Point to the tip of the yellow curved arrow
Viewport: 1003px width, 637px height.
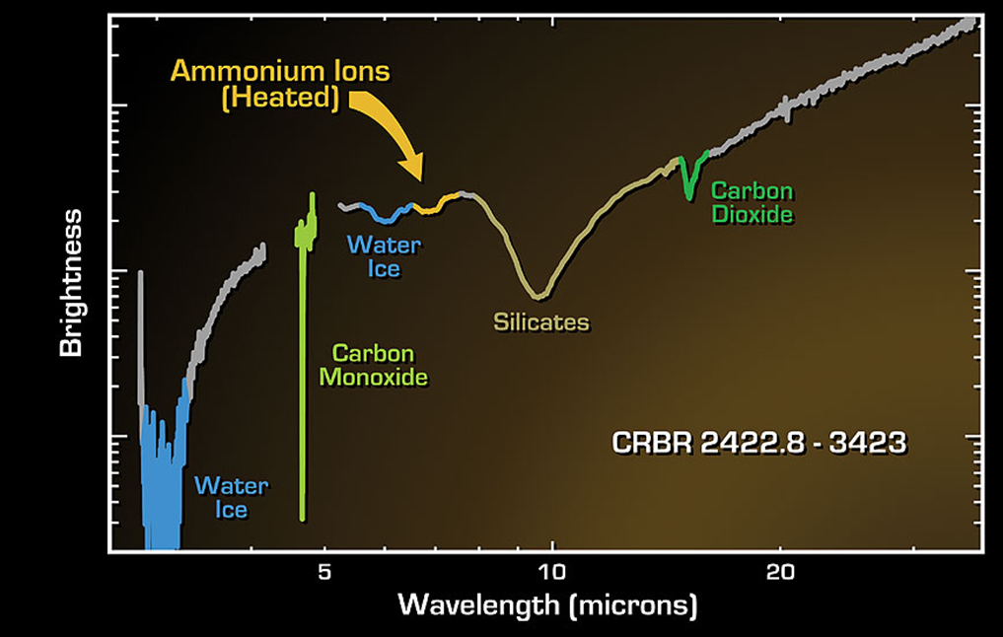point(421,179)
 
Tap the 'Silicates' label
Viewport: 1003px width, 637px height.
point(540,322)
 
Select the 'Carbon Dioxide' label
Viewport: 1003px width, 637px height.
point(752,202)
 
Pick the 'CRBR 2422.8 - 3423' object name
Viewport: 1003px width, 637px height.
point(759,443)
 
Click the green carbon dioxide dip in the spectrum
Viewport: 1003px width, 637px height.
point(689,187)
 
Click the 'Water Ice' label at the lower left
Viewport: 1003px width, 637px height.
point(232,497)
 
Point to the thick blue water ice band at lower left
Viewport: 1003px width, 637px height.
point(161,473)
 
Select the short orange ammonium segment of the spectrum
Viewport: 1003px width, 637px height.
point(432,206)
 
